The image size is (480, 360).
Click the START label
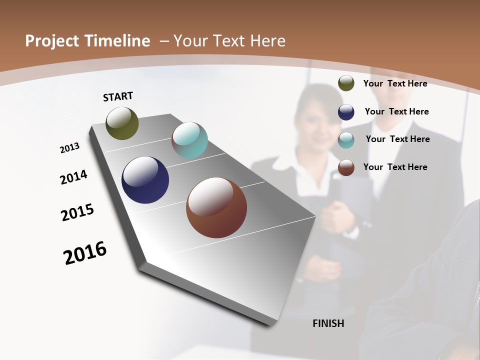[x=118, y=96]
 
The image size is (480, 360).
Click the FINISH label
[x=328, y=323]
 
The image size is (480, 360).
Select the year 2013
[x=70, y=148]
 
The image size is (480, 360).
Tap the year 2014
[x=73, y=177]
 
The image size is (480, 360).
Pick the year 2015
[x=77, y=212]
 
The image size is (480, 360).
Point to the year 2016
[x=85, y=253]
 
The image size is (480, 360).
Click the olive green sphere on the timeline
[x=122, y=123]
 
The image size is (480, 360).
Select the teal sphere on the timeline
[x=189, y=140]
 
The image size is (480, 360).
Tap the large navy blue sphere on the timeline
[x=145, y=180]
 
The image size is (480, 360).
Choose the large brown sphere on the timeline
[x=216, y=207]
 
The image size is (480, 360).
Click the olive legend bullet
[x=346, y=83]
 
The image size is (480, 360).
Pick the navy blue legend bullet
[x=346, y=112]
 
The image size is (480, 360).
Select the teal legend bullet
[x=346, y=140]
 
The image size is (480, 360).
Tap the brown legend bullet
[x=346, y=167]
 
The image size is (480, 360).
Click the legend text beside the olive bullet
[x=395, y=83]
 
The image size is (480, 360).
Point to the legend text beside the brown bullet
[x=395, y=167]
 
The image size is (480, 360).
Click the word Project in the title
[x=52, y=41]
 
